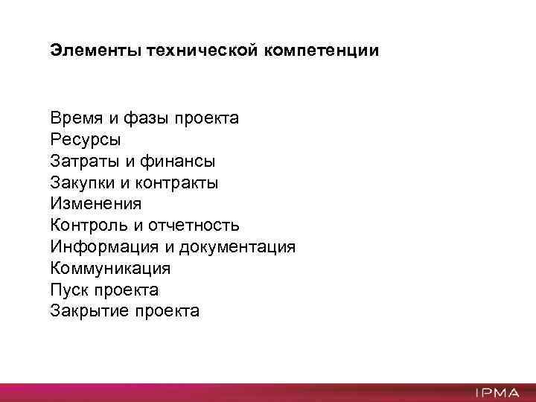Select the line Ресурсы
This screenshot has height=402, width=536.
pyautogui.click(x=86, y=139)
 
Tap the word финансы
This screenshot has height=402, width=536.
pyautogui.click(x=179, y=161)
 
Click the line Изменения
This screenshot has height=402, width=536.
pyautogui.click(x=96, y=203)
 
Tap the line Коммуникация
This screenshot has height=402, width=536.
pyautogui.click(x=110, y=268)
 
